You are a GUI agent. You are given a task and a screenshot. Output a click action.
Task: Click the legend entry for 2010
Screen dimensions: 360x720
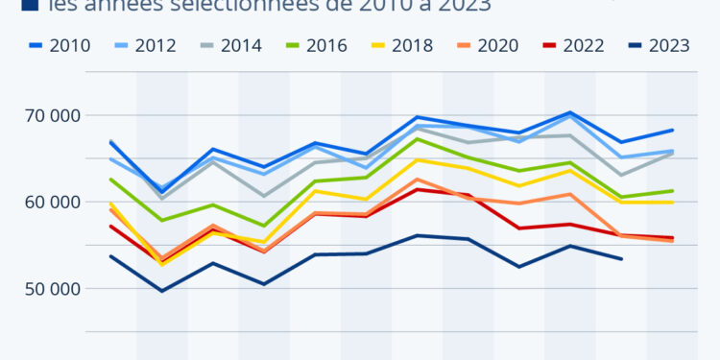tap(60, 45)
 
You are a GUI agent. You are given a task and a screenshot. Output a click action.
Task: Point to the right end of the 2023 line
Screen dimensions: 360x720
tap(621, 259)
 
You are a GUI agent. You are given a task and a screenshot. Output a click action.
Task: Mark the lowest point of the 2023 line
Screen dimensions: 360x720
tap(161, 291)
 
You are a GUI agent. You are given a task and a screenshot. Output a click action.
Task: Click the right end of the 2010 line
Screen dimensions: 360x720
tap(672, 130)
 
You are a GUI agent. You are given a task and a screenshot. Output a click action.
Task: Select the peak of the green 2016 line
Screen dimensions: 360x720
tap(417, 139)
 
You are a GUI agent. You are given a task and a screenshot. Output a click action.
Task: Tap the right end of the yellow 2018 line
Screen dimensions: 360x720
tap(672, 203)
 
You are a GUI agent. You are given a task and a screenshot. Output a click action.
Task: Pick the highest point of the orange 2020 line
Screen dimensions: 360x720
tap(417, 180)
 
